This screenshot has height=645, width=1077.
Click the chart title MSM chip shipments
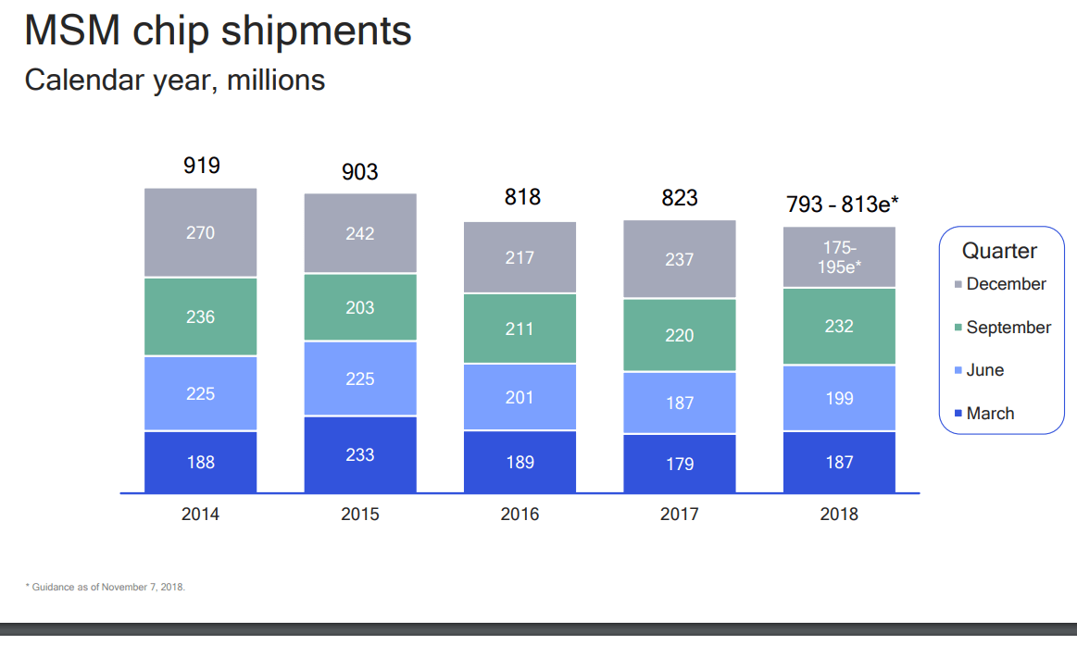tap(218, 31)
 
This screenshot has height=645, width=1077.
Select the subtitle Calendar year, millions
tap(175, 81)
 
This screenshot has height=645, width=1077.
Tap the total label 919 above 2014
tap(201, 167)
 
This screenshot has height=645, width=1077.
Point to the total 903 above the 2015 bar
tap(360, 172)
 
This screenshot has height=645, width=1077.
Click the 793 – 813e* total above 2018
tap(842, 205)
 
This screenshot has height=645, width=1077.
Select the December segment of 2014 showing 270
tap(201, 232)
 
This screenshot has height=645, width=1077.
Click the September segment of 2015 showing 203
tap(360, 307)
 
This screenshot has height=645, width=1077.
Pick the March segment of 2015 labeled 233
tap(360, 454)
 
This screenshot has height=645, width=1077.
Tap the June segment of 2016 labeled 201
tap(520, 397)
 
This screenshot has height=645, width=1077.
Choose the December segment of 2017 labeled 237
tap(680, 259)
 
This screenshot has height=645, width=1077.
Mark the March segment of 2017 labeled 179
tap(680, 463)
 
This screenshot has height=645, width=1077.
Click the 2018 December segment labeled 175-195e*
tap(839, 256)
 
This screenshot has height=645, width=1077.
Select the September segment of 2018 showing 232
tap(839, 327)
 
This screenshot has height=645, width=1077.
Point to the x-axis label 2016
tap(520, 515)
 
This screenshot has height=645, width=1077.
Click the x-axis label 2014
tap(201, 515)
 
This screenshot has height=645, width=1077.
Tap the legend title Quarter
tap(999, 251)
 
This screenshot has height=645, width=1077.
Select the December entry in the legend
tap(1005, 284)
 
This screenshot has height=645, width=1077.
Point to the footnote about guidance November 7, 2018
tap(105, 587)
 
